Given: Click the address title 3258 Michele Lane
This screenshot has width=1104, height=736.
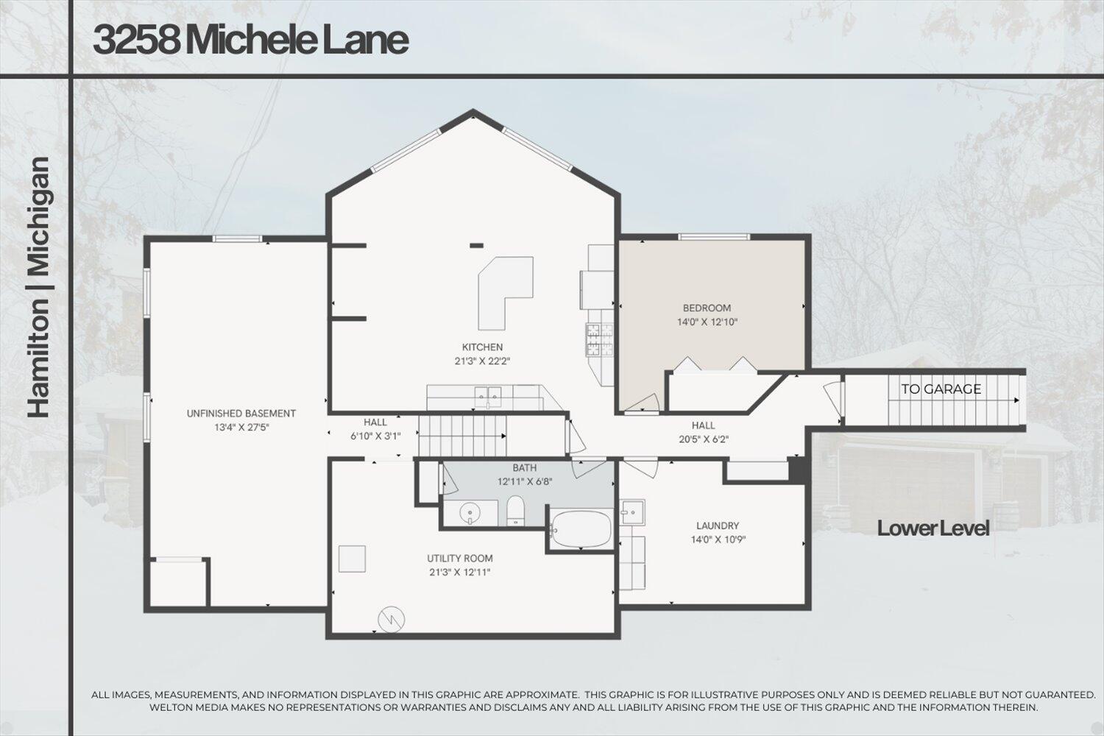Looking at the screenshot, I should click(250, 40).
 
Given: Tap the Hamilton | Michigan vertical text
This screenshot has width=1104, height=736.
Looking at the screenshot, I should click(39, 287).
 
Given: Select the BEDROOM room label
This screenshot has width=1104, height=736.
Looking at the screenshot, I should click(707, 308).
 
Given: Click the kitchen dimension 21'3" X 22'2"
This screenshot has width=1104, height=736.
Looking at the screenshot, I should click(482, 361).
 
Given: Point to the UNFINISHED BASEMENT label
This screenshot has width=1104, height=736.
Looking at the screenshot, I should click(241, 414).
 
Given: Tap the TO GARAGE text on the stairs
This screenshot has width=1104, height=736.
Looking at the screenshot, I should click(941, 389).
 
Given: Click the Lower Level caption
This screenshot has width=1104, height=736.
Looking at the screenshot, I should click(933, 528).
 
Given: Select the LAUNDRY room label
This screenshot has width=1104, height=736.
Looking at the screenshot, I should click(717, 526).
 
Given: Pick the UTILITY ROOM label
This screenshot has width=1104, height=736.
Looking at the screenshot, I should click(460, 558).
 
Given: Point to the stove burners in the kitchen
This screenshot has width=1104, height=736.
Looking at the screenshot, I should click(600, 340).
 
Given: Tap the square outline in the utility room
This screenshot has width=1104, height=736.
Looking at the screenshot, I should click(352, 559).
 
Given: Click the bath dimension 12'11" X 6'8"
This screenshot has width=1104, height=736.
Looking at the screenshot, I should click(524, 481).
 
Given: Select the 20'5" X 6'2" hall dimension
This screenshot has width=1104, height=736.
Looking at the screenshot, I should click(703, 439).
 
